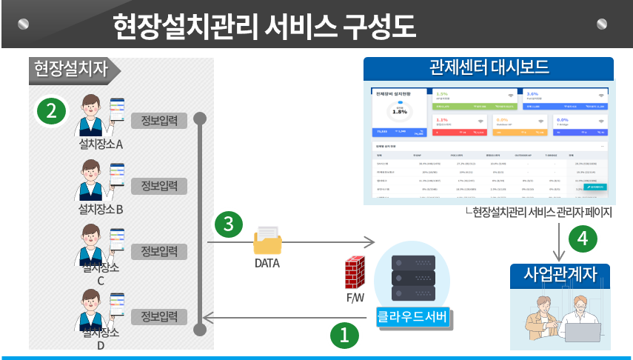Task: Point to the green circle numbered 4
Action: coord(583,239)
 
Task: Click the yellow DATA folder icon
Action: coord(267,241)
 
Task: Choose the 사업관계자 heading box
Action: coord(560,274)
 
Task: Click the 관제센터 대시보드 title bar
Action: coord(489,68)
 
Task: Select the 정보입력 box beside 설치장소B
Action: coord(159,185)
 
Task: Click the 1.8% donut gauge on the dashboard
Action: coord(400,111)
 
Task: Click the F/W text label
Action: coord(356,299)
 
